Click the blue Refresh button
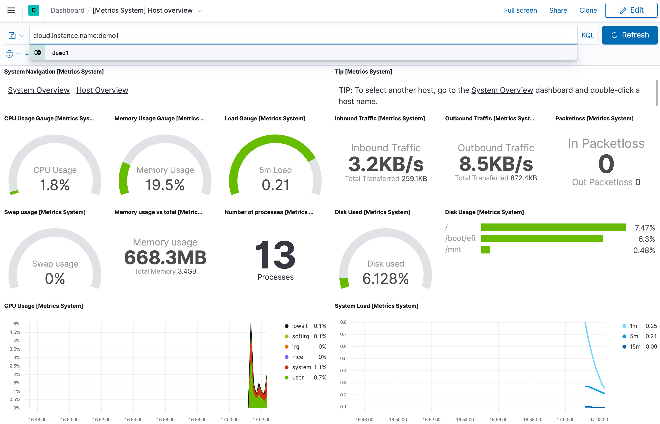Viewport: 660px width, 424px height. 630,35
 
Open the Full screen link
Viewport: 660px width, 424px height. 520,11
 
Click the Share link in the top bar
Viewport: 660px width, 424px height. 558,11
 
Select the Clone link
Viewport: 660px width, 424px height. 588,11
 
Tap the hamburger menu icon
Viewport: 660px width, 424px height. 11,11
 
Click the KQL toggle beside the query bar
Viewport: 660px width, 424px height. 588,35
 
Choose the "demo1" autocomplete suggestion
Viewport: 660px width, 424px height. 60,53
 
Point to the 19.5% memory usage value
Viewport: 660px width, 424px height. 165,185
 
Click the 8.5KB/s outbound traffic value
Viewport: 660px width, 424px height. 496,164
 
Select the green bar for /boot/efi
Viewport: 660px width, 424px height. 542,238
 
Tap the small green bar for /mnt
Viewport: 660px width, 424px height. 485,250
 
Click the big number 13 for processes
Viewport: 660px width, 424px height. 275,255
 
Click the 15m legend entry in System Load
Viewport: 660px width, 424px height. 635,346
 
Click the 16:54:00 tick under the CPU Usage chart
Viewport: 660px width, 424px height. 133,419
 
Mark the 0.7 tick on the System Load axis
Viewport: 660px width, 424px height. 343,334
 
